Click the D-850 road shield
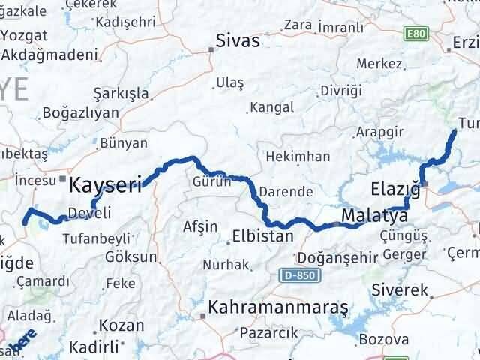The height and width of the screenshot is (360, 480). point(301,276)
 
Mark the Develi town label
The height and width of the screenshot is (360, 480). point(89,214)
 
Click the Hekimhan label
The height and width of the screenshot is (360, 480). point(298,157)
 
